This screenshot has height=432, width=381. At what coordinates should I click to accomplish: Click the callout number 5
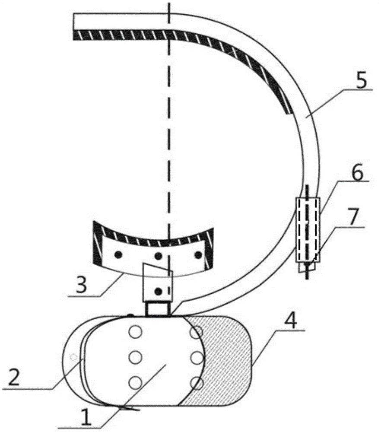tap(362, 79)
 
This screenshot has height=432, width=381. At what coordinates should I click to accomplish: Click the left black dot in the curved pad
tap(118, 254)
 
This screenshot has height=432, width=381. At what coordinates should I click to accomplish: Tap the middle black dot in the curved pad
tap(158, 256)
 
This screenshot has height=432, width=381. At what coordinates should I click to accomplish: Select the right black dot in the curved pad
tap(198, 254)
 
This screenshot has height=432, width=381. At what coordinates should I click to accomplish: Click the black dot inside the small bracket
tap(158, 291)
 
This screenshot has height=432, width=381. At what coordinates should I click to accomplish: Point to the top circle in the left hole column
tap(135, 331)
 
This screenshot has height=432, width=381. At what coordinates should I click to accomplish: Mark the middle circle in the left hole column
tap(135, 357)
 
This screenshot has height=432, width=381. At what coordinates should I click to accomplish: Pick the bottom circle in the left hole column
tap(135, 383)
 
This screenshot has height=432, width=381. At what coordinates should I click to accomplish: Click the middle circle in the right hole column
tap(197, 357)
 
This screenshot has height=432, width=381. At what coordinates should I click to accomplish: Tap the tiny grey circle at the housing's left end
tap(73, 357)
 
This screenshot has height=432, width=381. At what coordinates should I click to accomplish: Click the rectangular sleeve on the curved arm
tap(308, 229)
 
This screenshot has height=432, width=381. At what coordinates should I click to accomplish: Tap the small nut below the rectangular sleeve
tap(308, 267)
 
